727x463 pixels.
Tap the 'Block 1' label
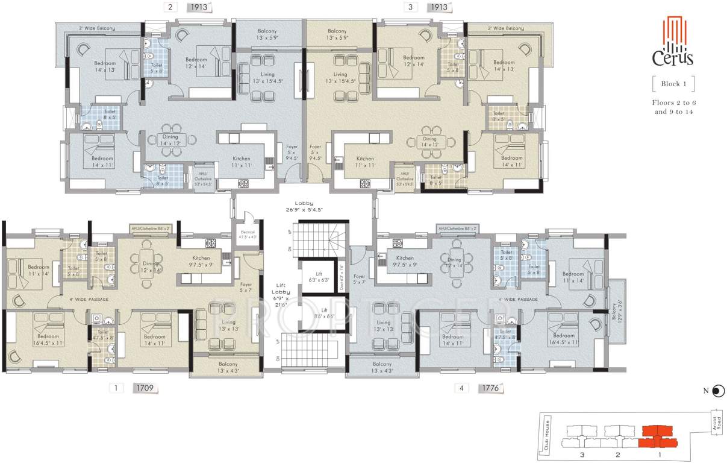(x=673, y=84)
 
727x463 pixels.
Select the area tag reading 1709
(x=145, y=388)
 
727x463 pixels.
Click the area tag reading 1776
(x=491, y=388)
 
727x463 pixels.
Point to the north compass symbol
(x=716, y=391)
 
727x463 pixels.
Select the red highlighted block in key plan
(x=657, y=436)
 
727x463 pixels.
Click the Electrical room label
(x=247, y=234)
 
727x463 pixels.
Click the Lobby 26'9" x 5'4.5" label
(x=310, y=207)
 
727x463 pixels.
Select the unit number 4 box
(x=461, y=388)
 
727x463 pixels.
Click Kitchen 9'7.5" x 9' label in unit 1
(x=201, y=260)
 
